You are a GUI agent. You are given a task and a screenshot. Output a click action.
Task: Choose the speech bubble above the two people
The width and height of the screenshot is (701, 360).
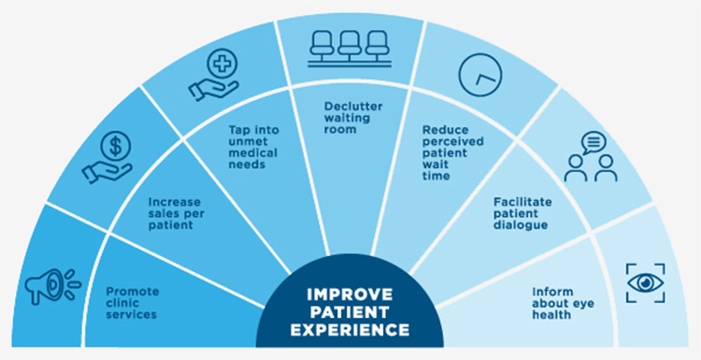(594, 146)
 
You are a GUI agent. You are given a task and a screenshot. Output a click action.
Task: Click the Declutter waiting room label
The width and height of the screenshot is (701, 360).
(346, 111)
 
